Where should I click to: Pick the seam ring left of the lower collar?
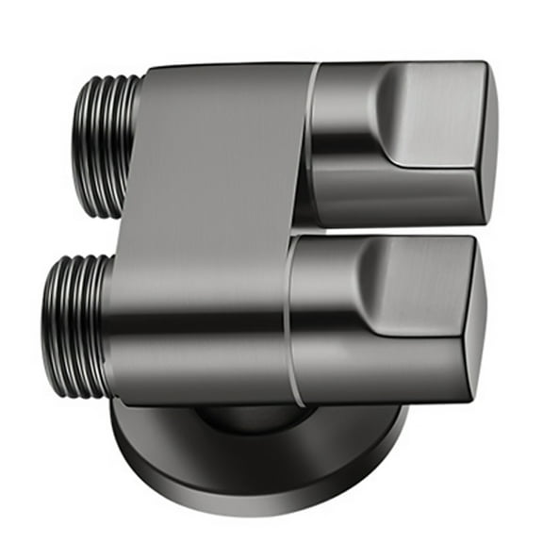[x=289, y=321]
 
